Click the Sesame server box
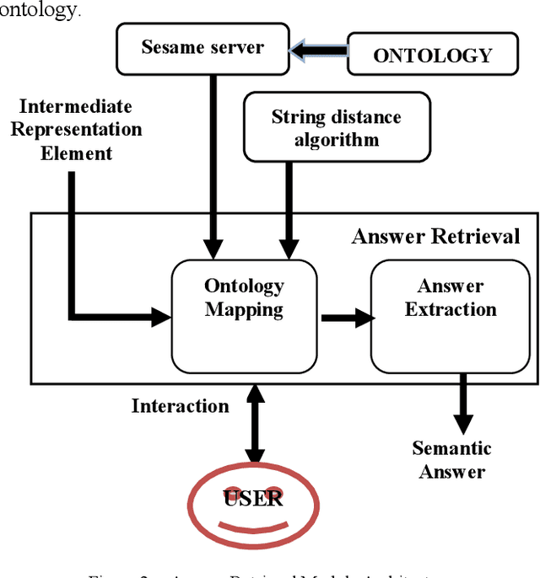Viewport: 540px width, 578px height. [202, 48]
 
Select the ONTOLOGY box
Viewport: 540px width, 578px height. [431, 55]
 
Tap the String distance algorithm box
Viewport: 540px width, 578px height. [336, 127]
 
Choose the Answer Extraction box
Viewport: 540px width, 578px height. [450, 315]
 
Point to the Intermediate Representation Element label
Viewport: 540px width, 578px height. [76, 130]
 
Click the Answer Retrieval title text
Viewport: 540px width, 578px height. [435, 236]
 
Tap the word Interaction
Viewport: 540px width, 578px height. [180, 406]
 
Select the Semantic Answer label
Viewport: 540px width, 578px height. [451, 460]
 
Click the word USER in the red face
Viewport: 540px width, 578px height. [253, 498]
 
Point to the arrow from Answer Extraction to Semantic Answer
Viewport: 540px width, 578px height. [462, 404]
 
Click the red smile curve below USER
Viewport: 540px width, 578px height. [253, 527]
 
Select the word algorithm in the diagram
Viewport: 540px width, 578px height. [336, 140]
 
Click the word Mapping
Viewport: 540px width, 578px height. [244, 310]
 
